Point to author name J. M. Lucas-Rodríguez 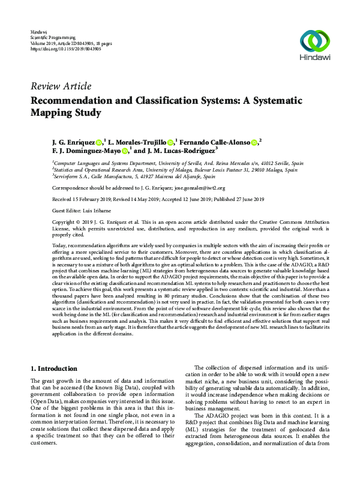click(x=179, y=151)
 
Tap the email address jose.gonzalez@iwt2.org click(x=185, y=187)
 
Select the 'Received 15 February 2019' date click(x=83, y=198)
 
